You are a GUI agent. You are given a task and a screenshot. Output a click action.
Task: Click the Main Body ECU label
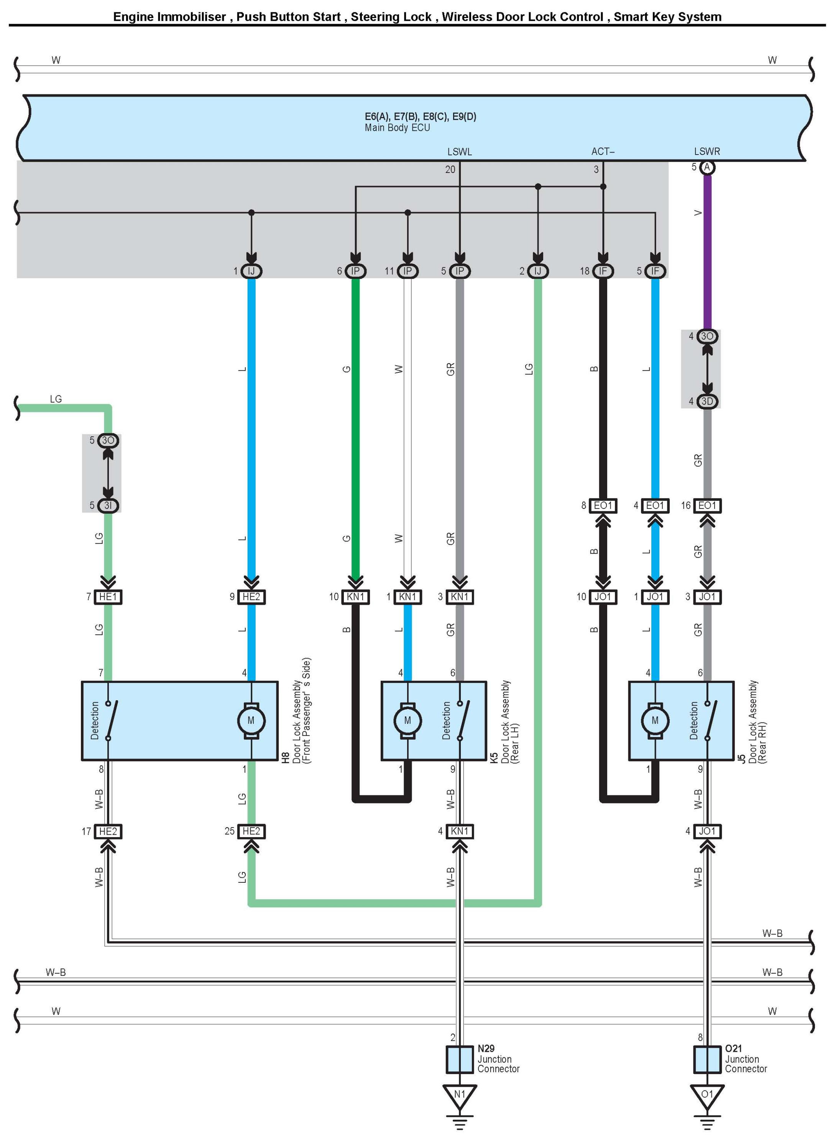pyautogui.click(x=398, y=128)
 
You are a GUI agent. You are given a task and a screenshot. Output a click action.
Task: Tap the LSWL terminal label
pyautogui.click(x=459, y=151)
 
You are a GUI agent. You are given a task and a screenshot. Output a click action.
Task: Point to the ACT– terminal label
pyautogui.click(x=603, y=151)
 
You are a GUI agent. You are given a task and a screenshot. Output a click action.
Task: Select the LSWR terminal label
pyautogui.click(x=706, y=151)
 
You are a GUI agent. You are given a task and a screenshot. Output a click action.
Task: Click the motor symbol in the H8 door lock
pyautogui.click(x=251, y=720)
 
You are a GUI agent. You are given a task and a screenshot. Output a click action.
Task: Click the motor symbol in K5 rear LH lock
pyautogui.click(x=407, y=720)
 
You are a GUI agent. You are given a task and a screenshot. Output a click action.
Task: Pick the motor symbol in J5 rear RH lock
pyautogui.click(x=655, y=720)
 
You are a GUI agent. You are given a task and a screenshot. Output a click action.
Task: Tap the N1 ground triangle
pyautogui.click(x=459, y=1095)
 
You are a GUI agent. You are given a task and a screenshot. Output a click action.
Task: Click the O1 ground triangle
pyautogui.click(x=707, y=1095)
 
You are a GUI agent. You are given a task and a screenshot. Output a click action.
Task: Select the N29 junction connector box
pyautogui.click(x=459, y=1059)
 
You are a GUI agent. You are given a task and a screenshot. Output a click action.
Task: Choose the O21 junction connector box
pyautogui.click(x=707, y=1059)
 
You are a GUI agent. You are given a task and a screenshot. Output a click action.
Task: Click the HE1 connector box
pyautogui.click(x=108, y=597)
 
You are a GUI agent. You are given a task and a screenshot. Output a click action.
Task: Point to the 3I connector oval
pyautogui.click(x=108, y=505)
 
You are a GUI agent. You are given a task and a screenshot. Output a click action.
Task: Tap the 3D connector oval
pyautogui.click(x=707, y=401)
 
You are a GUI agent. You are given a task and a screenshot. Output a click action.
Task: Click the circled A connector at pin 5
pyautogui.click(x=707, y=167)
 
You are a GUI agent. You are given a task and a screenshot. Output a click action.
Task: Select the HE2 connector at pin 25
pyautogui.click(x=251, y=831)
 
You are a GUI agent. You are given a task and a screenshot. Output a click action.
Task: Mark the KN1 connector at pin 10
pyautogui.click(x=355, y=597)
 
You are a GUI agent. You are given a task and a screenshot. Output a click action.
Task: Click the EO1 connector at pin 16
pyautogui.click(x=707, y=505)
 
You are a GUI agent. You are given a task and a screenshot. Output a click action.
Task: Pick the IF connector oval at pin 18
pyautogui.click(x=603, y=271)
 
